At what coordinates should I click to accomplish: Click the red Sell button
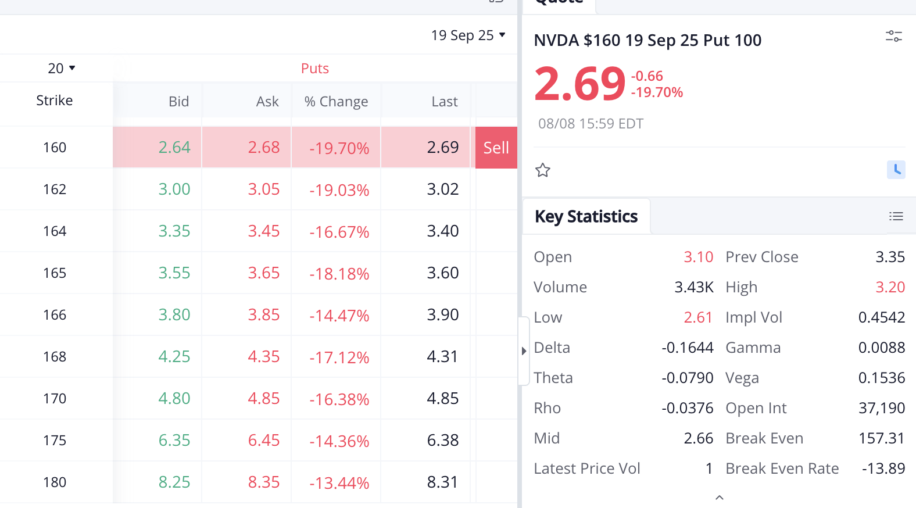pyautogui.click(x=496, y=147)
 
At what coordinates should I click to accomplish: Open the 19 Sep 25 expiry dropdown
pyautogui.click(x=468, y=35)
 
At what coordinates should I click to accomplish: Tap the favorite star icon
pyautogui.click(x=543, y=170)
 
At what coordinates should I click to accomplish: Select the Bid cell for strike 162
pyautogui.click(x=174, y=189)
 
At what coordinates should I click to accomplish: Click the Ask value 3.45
pyautogui.click(x=264, y=231)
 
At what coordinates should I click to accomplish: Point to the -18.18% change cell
pyautogui.click(x=339, y=273)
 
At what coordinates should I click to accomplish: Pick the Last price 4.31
pyautogui.click(x=442, y=357)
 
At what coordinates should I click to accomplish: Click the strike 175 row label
pyautogui.click(x=55, y=441)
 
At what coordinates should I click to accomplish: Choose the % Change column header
pyautogui.click(x=336, y=102)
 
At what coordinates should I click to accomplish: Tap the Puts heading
pyautogui.click(x=315, y=69)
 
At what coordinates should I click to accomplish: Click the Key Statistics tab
pyautogui.click(x=586, y=216)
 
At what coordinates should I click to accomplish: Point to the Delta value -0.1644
pyautogui.click(x=688, y=348)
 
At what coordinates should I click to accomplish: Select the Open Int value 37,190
pyautogui.click(x=882, y=408)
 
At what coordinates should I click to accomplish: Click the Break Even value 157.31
pyautogui.click(x=882, y=438)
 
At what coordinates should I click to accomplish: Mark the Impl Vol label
pyautogui.click(x=754, y=317)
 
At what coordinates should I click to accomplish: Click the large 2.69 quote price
pyautogui.click(x=579, y=85)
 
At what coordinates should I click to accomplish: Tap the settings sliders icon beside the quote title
pyautogui.click(x=894, y=37)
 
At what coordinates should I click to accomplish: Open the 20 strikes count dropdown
pyautogui.click(x=62, y=68)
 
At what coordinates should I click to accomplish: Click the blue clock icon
pyautogui.click(x=896, y=170)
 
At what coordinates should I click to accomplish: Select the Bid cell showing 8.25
pyautogui.click(x=174, y=482)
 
